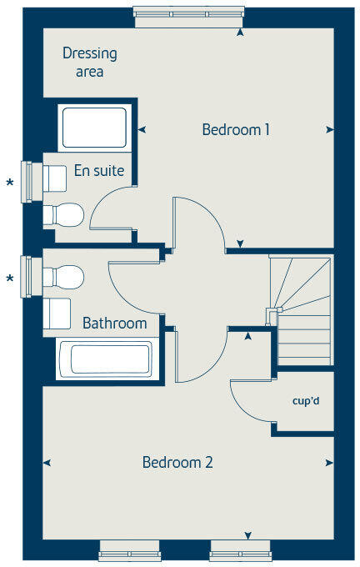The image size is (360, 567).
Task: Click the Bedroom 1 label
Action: click(x=236, y=130)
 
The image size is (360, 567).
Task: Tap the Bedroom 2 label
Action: click(x=177, y=462)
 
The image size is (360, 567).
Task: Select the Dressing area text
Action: click(x=89, y=63)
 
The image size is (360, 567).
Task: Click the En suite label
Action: click(x=99, y=172)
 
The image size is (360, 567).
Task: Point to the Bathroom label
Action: click(x=114, y=323)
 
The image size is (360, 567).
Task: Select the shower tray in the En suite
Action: click(x=94, y=128)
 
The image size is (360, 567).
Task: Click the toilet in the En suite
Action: click(x=64, y=214)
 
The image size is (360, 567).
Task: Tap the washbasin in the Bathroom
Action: click(x=57, y=314)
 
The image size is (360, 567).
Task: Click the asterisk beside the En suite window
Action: click(x=10, y=183)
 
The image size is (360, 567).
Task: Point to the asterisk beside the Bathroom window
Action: click(x=10, y=278)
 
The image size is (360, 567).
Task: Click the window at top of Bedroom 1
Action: click(x=190, y=17)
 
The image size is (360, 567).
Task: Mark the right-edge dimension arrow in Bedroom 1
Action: click(x=330, y=130)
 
